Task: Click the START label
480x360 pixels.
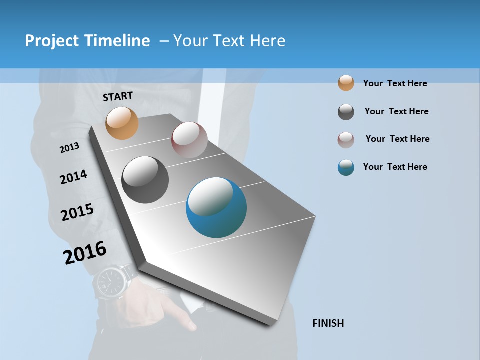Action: pyautogui.click(x=118, y=96)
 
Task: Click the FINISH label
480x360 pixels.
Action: pyautogui.click(x=328, y=323)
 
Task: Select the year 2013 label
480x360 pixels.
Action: pyautogui.click(x=69, y=147)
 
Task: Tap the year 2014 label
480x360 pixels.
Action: pyautogui.click(x=73, y=177)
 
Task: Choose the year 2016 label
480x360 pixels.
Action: pyautogui.click(x=85, y=252)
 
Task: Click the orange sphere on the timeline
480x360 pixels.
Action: pyautogui.click(x=122, y=123)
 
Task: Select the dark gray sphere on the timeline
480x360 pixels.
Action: pyautogui.click(x=145, y=180)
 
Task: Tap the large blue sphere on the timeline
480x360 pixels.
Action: pyautogui.click(x=216, y=207)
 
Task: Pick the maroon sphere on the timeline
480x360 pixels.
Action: pyautogui.click(x=189, y=140)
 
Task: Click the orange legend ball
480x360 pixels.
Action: pyautogui.click(x=346, y=83)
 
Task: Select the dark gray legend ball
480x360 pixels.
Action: pyautogui.click(x=346, y=112)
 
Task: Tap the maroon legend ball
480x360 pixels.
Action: pyautogui.click(x=346, y=140)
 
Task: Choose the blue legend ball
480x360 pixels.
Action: pyautogui.click(x=346, y=167)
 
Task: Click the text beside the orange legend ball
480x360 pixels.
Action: pyautogui.click(x=395, y=83)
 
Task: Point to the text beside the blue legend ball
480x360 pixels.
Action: pyautogui.click(x=395, y=167)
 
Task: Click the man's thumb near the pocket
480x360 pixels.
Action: pyautogui.click(x=187, y=325)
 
